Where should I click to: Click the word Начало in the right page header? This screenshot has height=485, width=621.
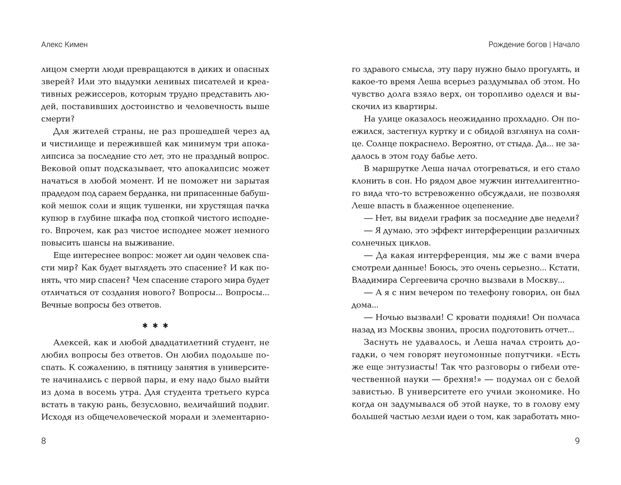click(566, 45)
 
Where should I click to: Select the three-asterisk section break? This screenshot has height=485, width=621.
click(155, 326)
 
